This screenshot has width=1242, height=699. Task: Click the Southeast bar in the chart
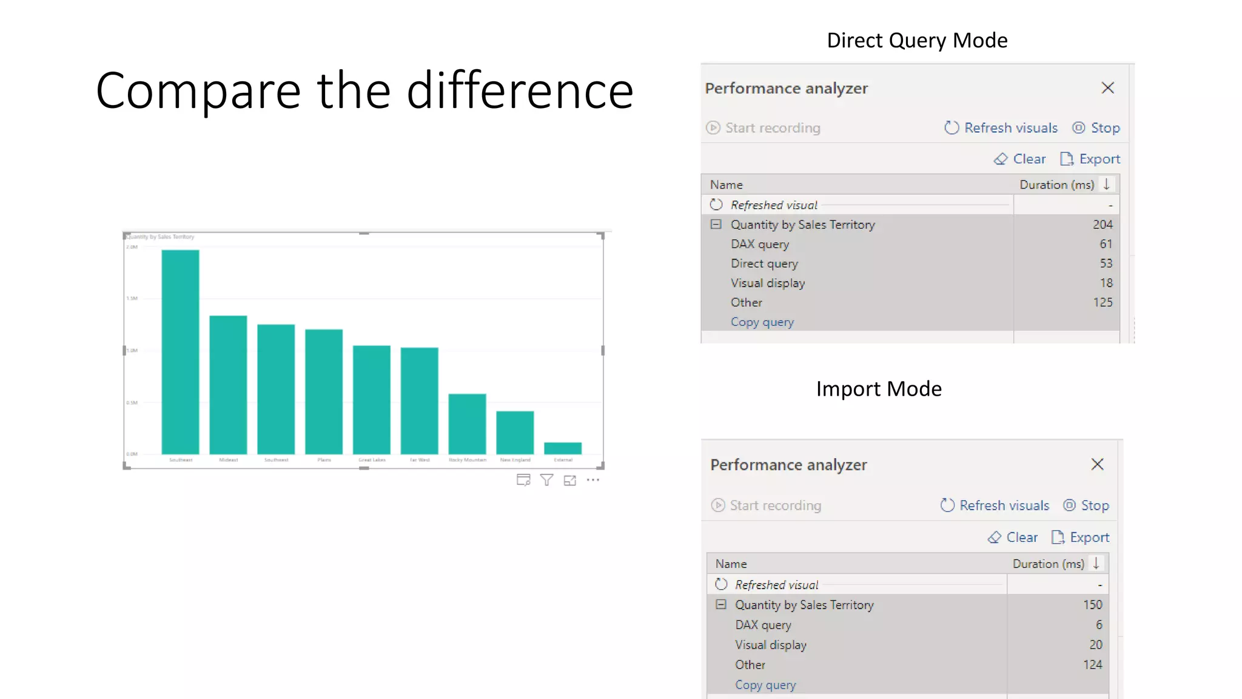click(x=180, y=352)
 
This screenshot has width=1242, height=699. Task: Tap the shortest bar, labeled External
click(x=563, y=448)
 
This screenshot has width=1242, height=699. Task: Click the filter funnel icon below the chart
click(x=546, y=481)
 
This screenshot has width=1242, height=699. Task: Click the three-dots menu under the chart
click(x=593, y=480)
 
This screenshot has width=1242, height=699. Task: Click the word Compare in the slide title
click(x=198, y=91)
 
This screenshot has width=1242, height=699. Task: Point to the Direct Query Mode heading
click(x=917, y=41)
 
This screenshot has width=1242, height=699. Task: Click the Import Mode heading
click(x=878, y=389)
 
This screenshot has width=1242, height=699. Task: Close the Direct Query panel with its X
click(x=1107, y=88)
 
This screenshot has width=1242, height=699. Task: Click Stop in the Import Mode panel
click(x=1086, y=505)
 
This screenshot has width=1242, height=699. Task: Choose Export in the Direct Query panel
click(x=1090, y=159)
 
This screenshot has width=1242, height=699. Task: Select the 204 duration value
click(x=1102, y=225)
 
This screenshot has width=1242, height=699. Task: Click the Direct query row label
click(x=764, y=264)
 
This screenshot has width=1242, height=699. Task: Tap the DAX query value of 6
click(x=1098, y=625)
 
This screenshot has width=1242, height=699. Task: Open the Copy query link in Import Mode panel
click(x=765, y=685)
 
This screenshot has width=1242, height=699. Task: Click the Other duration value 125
click(x=1102, y=303)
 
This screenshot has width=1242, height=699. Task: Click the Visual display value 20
click(x=1095, y=645)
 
